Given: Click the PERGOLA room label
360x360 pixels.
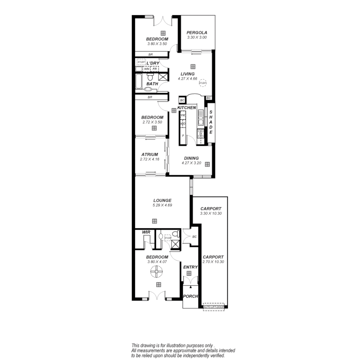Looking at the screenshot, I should pos(197,33).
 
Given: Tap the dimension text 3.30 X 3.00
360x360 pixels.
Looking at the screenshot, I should pos(197,38).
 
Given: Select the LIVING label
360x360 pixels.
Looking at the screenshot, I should pos(187,74).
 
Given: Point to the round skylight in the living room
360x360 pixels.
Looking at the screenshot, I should pos(203,82).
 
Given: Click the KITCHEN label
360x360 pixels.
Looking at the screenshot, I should pos(186,108).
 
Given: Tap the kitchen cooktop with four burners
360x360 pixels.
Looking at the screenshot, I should pos(201,134).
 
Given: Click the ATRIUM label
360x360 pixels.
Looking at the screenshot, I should pos(149,155).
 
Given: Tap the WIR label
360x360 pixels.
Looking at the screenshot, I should pos(146,232).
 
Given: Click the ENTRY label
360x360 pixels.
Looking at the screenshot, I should pos(190,267).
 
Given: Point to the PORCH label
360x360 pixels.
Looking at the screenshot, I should pos(191,296).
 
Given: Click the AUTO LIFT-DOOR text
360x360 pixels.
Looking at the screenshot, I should pos(214,307).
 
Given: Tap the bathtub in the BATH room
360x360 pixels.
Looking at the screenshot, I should pos(139,81).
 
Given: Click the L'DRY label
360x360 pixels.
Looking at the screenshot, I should pos(153,63).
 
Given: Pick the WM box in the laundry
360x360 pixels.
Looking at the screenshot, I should pos(147,69).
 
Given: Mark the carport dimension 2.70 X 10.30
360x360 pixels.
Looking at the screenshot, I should pos(213,262).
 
